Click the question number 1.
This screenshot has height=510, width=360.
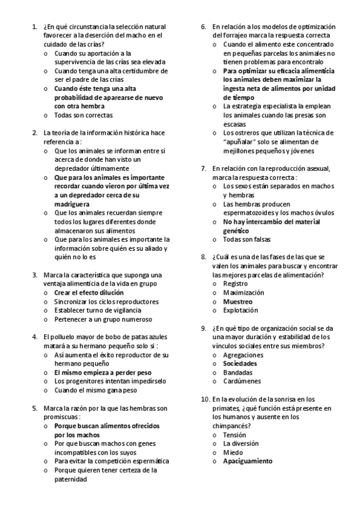(34, 27)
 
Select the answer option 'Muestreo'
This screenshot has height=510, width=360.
(238, 301)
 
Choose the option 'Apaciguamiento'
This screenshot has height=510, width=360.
(247, 461)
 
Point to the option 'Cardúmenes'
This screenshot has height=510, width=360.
(242, 381)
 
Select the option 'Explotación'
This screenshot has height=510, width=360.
(240, 310)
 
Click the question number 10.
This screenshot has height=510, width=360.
(205, 399)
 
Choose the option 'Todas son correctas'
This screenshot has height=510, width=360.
(83, 115)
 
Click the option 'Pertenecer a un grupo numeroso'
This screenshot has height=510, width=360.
(103, 319)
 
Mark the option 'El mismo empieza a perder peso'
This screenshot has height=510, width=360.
(102, 372)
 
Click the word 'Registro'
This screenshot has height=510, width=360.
(235, 283)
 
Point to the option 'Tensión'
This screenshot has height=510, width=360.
(234, 434)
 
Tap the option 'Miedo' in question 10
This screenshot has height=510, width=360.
(233, 452)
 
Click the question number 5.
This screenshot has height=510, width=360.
(34, 408)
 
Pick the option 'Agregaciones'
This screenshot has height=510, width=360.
(243, 355)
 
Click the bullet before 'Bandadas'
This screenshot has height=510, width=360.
(216, 372)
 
